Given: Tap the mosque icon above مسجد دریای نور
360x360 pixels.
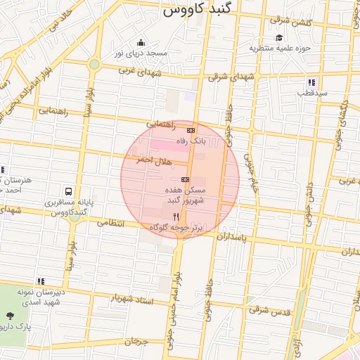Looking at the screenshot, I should pos(141,42).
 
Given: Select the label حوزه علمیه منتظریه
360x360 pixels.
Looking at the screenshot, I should pos(280,49).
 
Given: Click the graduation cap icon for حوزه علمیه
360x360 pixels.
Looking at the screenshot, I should pos(279,38).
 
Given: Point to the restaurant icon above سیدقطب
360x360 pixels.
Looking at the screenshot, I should pos(311,82).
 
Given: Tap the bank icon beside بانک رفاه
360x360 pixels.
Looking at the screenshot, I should pos(191,131).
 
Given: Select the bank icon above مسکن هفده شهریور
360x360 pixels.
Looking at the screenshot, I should pos(185,179).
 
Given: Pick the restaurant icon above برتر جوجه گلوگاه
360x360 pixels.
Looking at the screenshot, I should pos(176,217).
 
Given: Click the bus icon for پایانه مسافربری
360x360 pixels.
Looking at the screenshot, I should pos(68,191).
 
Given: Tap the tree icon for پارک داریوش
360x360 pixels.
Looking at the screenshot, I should pos(9,316).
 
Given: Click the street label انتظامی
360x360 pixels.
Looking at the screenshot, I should pos(110,223).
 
